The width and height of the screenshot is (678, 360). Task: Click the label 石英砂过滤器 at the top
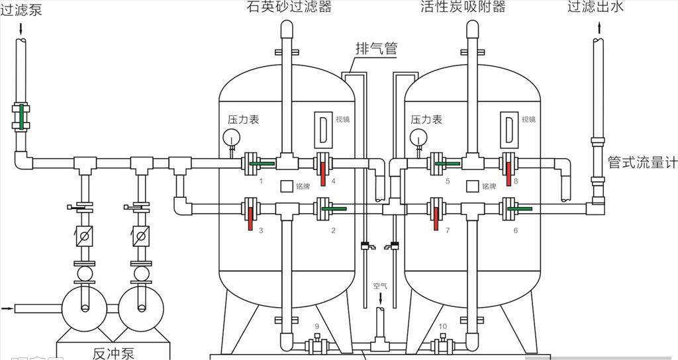point(289,7)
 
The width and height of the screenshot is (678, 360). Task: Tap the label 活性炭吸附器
point(472,7)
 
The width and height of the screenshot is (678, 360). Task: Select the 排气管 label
point(376,48)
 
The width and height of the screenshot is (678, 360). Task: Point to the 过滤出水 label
point(596,7)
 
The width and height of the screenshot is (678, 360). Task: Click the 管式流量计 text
point(642,162)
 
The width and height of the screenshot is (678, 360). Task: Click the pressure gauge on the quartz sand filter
point(232,137)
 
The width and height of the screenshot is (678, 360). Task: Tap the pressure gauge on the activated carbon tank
point(418,137)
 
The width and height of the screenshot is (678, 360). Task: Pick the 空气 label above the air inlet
point(380,286)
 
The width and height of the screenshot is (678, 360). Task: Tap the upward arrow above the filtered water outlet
point(599,27)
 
